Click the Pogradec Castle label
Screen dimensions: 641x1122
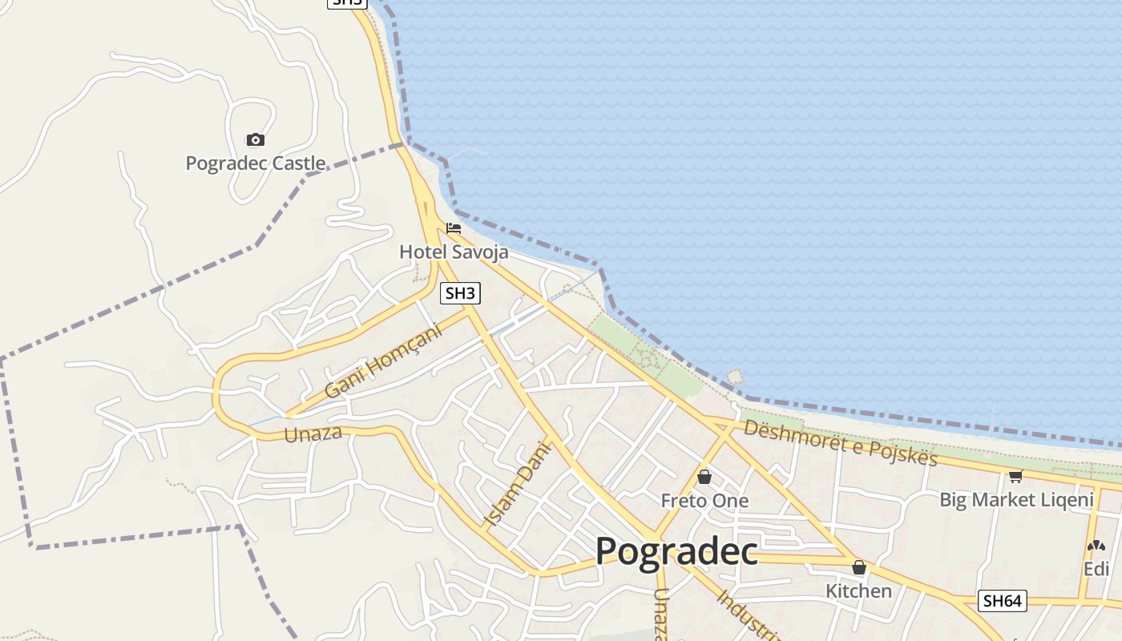pyautogui.click(x=255, y=163)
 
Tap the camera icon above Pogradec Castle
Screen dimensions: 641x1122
pyautogui.click(x=255, y=140)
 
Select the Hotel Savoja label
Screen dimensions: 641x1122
pyautogui.click(x=454, y=252)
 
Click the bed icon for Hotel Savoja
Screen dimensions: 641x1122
pyautogui.click(x=454, y=228)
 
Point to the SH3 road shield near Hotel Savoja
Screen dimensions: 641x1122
pyautogui.click(x=460, y=293)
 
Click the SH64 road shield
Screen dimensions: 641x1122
pyautogui.click(x=1003, y=600)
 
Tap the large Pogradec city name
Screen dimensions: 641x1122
pyautogui.click(x=676, y=551)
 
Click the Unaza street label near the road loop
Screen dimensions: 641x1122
pyautogui.click(x=313, y=433)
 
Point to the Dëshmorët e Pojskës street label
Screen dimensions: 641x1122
pyautogui.click(x=840, y=441)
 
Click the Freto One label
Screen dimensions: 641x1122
pyautogui.click(x=704, y=501)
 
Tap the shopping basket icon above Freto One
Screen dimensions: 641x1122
pyautogui.click(x=704, y=478)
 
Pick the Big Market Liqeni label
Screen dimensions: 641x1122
pyautogui.click(x=1016, y=500)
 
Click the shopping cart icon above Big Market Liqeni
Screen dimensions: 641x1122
pyautogui.click(x=1016, y=477)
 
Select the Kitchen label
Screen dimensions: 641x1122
pyautogui.click(x=859, y=591)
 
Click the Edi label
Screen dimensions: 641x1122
pyautogui.click(x=1096, y=569)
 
